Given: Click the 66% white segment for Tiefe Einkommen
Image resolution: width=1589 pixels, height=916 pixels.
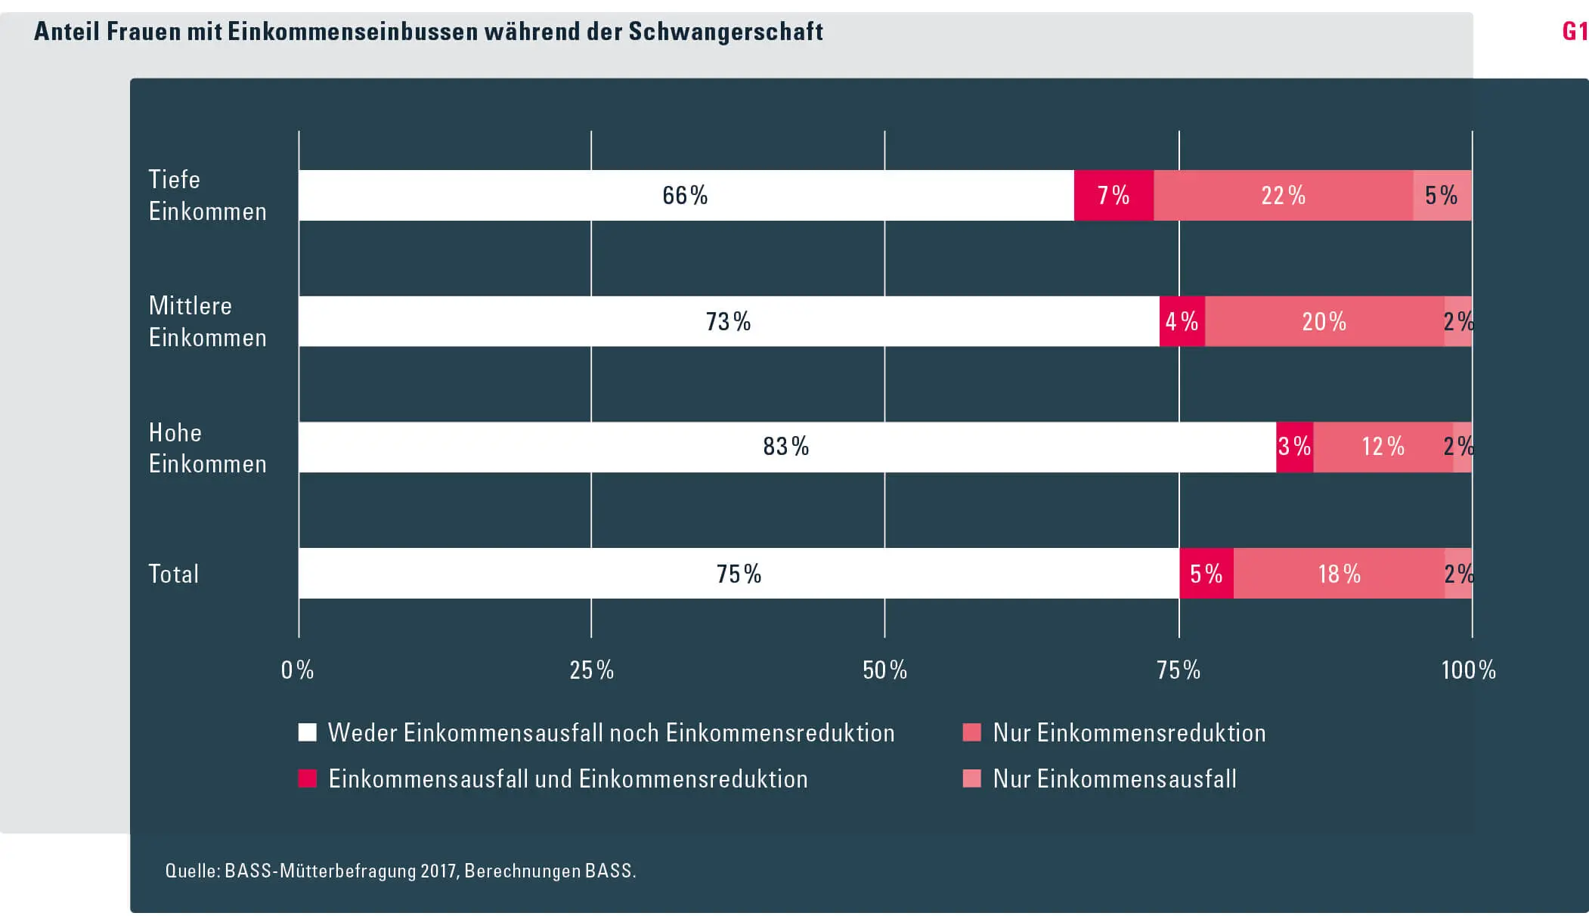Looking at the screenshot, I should pyautogui.click(x=686, y=196).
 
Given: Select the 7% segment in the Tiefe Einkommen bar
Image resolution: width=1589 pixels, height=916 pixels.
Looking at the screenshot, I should pyautogui.click(x=1114, y=196).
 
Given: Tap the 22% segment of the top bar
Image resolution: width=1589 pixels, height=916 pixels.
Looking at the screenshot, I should pyautogui.click(x=1283, y=196).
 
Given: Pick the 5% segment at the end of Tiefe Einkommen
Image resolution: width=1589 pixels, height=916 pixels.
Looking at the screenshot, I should pyautogui.click(x=1442, y=196).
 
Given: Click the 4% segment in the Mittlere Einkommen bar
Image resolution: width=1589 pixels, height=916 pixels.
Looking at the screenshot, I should pyautogui.click(x=1182, y=322).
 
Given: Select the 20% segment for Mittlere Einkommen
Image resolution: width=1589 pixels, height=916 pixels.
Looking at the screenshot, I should pyautogui.click(x=1324, y=322).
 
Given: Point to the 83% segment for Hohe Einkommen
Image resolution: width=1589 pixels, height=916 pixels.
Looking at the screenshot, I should pyautogui.click(x=786, y=447).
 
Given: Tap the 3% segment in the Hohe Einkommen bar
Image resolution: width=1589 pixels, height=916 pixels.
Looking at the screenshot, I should pyautogui.click(x=1294, y=447).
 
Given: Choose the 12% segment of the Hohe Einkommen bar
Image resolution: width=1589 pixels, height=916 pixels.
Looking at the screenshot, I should pyautogui.click(x=1383, y=447).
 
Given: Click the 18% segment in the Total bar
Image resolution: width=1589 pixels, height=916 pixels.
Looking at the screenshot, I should pyautogui.click(x=1339, y=574).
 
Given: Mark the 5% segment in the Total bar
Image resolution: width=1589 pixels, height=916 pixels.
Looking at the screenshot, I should pyautogui.click(x=1206, y=574).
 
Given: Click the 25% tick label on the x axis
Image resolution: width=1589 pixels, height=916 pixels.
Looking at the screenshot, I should pyautogui.click(x=591, y=670).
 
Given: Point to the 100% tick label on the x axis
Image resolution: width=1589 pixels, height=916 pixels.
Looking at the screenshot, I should pyautogui.click(x=1468, y=670).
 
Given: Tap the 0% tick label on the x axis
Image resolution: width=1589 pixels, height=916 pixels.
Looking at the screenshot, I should pyautogui.click(x=297, y=670).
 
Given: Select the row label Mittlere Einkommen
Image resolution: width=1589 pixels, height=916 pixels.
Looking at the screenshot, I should pyautogui.click(x=207, y=322).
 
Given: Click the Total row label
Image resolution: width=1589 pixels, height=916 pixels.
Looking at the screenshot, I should pyautogui.click(x=174, y=574).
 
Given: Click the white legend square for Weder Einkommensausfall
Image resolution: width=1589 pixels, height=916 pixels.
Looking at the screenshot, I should pyautogui.click(x=307, y=732).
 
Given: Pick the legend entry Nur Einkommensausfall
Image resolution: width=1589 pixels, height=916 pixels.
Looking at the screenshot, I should pyautogui.click(x=1114, y=779).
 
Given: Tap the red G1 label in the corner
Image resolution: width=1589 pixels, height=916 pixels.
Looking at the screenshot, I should pyautogui.click(x=1575, y=32).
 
